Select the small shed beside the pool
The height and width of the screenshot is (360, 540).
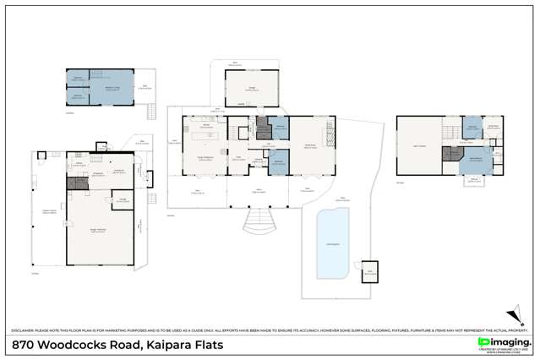tap(369, 271)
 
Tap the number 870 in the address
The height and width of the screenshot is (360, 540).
tap(25, 345)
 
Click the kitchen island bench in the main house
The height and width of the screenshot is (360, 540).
tap(205, 136)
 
